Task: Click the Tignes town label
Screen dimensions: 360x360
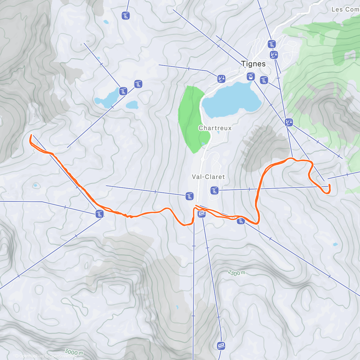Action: (253, 64)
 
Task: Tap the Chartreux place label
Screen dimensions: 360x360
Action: (215, 128)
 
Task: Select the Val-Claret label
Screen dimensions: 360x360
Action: (208, 177)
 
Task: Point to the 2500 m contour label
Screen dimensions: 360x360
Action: (236, 273)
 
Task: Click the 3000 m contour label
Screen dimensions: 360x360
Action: (74, 352)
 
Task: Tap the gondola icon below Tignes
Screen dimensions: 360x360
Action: (250, 76)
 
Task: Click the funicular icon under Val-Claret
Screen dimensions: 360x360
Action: (202, 214)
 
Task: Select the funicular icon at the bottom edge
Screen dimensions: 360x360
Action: (221, 346)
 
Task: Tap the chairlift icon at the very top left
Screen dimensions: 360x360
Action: (126, 16)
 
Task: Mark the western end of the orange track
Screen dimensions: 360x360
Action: (31, 136)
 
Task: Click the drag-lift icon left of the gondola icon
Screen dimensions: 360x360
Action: (221, 79)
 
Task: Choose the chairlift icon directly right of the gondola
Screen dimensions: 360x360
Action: (264, 80)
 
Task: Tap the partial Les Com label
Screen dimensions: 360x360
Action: (345, 9)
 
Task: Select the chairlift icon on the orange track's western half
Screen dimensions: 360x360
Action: (99, 214)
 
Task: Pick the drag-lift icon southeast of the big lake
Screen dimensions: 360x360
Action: (289, 122)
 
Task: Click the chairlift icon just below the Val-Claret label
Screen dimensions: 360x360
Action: (214, 190)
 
